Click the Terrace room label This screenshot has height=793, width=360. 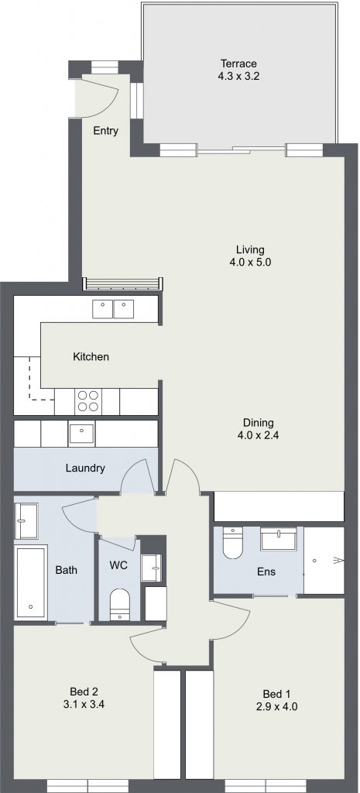(x=238, y=64)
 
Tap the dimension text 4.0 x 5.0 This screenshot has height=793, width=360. (x=250, y=263)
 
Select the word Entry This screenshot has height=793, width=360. (x=105, y=131)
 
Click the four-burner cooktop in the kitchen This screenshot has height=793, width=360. (x=88, y=402)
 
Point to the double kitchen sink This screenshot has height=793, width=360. (x=113, y=309)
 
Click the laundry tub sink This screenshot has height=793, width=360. (x=81, y=434)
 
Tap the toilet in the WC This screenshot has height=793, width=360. (x=120, y=604)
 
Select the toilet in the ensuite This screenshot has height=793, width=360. (x=233, y=543)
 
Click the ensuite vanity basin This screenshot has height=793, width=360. (x=279, y=539)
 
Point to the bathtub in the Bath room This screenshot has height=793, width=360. (x=31, y=582)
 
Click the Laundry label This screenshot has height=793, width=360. (x=85, y=468)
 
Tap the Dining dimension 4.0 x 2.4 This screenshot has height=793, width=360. (x=258, y=435)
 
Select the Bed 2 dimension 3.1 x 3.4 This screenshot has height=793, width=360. (x=84, y=703)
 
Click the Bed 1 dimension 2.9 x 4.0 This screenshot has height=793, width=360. (x=276, y=706)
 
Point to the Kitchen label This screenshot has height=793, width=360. (x=91, y=356)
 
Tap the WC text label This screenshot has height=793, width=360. (x=118, y=565)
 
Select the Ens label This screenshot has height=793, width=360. (x=266, y=572)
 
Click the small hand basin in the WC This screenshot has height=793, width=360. (x=151, y=568)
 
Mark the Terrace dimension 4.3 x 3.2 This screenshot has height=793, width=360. (x=238, y=77)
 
